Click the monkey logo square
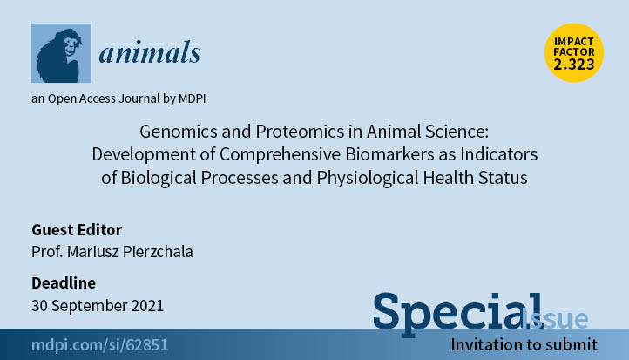(61, 53)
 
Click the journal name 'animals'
(150, 52)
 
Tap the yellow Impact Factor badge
(574, 52)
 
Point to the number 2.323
(574, 65)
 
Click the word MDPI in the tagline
(193, 98)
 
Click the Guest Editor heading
(77, 230)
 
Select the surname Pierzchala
(158, 252)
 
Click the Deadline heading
(64, 283)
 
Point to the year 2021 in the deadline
(147, 306)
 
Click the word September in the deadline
(90, 306)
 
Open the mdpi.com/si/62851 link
(99, 345)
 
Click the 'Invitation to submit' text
(524, 345)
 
